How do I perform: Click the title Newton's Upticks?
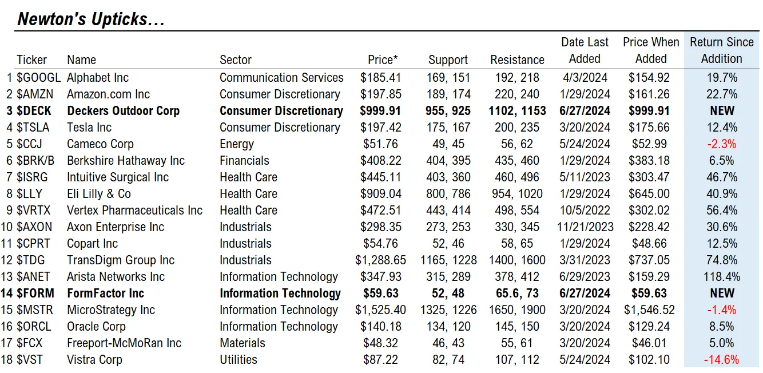coord(91,19)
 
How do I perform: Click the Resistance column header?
coord(517,59)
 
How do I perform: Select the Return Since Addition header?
coord(721,50)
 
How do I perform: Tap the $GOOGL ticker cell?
coord(39,78)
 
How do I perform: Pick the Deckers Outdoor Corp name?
coord(124,111)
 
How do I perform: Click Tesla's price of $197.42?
coord(381,128)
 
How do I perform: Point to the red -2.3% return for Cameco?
coord(721,144)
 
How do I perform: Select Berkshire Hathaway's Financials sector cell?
coord(244,160)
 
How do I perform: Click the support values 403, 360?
coord(448,177)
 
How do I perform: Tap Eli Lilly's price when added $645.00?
coord(649,194)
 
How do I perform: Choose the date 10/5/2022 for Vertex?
coord(585,211)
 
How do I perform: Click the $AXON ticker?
coord(34,227)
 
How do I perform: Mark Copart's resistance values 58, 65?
coord(517,244)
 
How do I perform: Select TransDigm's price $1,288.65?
coord(380,260)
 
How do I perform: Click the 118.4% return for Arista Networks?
coord(721,277)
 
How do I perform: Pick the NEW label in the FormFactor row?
coord(722,293)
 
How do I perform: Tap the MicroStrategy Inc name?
coord(111,310)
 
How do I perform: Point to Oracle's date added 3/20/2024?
coord(585,327)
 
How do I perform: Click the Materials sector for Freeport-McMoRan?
coord(242,343)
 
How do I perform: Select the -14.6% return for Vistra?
coord(721,360)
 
